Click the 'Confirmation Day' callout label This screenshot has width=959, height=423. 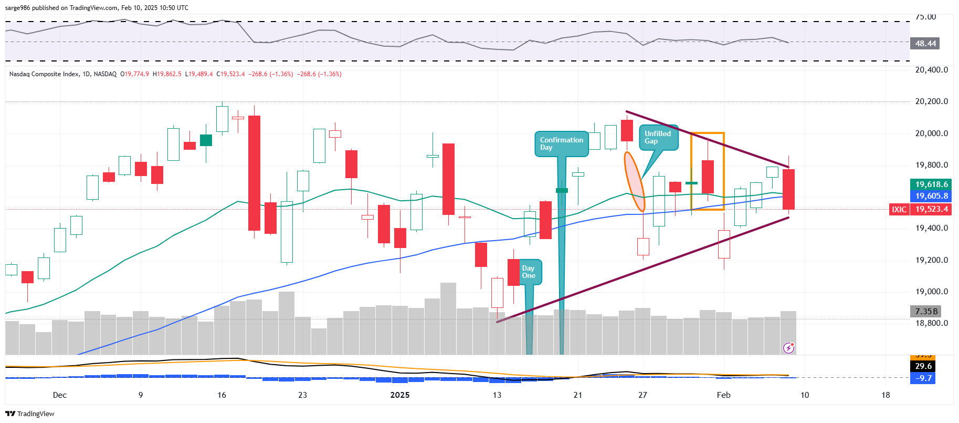561,143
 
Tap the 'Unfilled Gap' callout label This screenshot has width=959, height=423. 658,137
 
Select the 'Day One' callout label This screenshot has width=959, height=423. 529,272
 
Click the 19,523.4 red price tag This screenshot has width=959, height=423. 931,209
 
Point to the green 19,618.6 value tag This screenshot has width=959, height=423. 931,184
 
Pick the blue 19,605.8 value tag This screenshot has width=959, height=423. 931,196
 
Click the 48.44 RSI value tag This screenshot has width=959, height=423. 925,44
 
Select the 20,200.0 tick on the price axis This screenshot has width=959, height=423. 931,101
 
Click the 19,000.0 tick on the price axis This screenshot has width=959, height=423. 931,292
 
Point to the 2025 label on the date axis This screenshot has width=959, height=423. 399,395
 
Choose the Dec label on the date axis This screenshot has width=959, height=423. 60,395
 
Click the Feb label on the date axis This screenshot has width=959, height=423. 723,395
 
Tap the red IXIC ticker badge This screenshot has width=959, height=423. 899,209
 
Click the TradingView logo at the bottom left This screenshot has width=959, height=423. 30,414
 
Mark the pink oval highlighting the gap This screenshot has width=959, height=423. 634,182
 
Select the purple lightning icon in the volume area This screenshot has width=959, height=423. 788,347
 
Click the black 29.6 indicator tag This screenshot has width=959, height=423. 923,366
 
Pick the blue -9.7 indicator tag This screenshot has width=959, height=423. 923,378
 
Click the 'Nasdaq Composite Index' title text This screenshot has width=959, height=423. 44,74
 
